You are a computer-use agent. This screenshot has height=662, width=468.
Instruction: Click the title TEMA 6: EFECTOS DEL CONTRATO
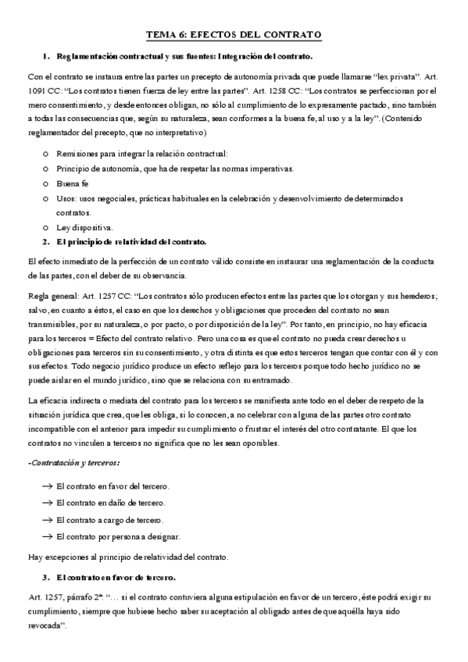[234, 36]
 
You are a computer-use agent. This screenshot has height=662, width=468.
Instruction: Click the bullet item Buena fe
[73, 183]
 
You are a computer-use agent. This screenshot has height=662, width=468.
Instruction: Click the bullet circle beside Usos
[47, 198]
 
